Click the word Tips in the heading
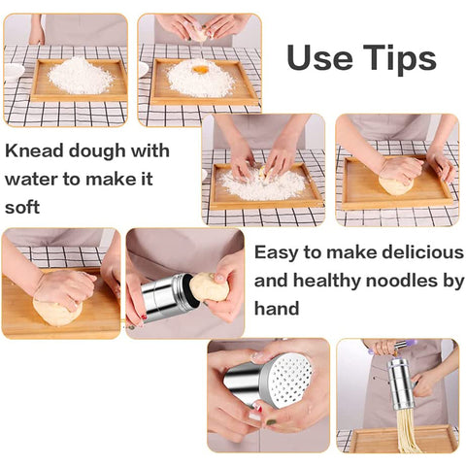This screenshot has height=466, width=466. [400, 59]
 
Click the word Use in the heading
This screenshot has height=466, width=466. [319, 57]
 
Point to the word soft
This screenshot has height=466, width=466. [22, 207]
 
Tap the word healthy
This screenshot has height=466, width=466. [327, 281]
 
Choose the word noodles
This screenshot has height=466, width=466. [402, 281]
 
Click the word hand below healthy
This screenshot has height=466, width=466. [277, 308]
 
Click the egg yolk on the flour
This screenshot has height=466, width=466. [200, 70]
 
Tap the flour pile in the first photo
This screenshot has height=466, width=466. [81, 76]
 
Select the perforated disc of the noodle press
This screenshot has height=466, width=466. [287, 380]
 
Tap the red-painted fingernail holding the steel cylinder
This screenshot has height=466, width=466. [144, 316]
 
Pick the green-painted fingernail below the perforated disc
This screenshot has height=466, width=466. [271, 422]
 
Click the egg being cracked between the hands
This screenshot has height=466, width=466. [200, 34]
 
